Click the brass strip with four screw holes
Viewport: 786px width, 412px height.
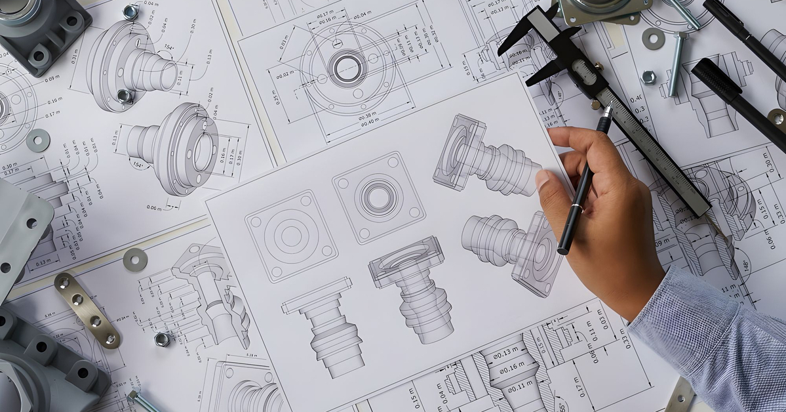87,309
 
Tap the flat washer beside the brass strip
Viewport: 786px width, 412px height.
134,260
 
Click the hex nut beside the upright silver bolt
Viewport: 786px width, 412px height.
648,77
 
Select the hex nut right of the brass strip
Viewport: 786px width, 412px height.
162,339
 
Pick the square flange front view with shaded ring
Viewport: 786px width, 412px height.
378,197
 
